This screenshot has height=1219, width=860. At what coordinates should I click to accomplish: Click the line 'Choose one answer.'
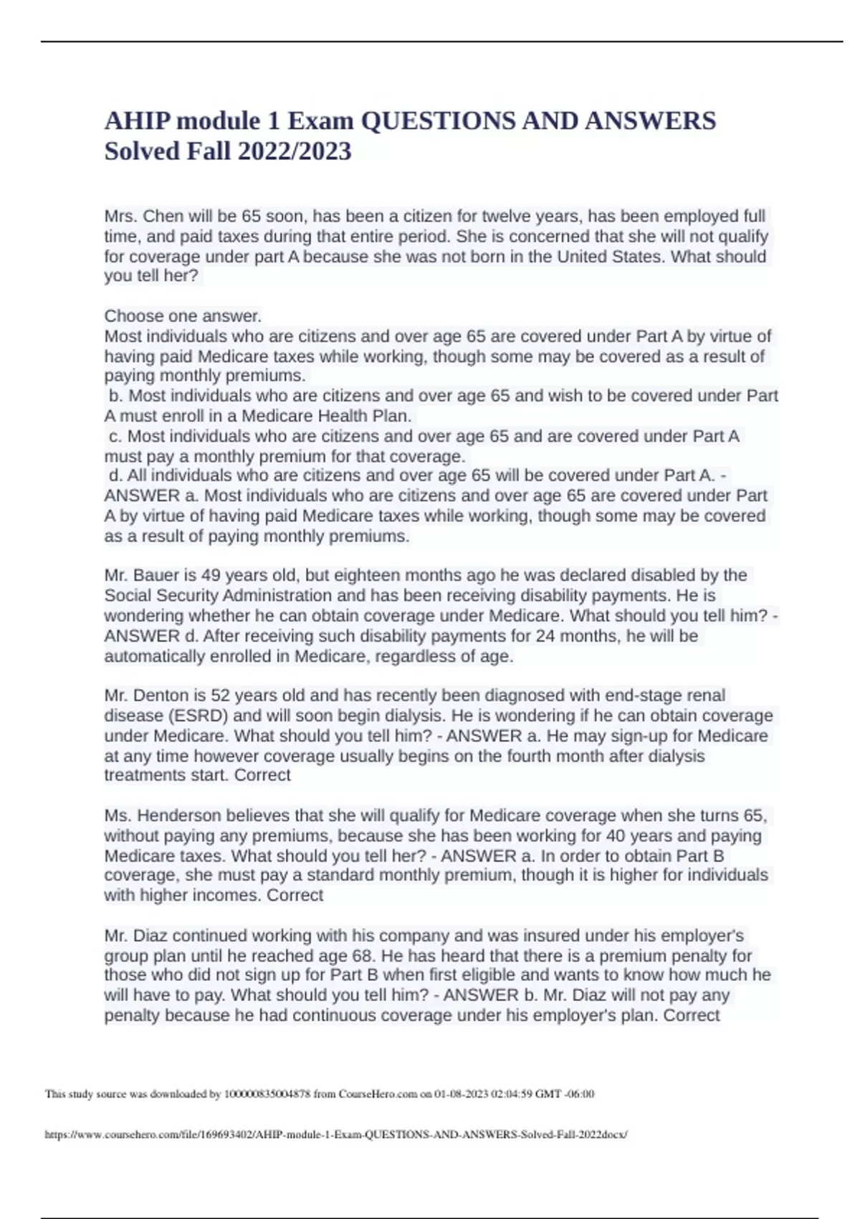point(183,316)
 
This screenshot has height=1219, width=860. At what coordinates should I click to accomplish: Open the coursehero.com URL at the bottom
point(336,1134)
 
